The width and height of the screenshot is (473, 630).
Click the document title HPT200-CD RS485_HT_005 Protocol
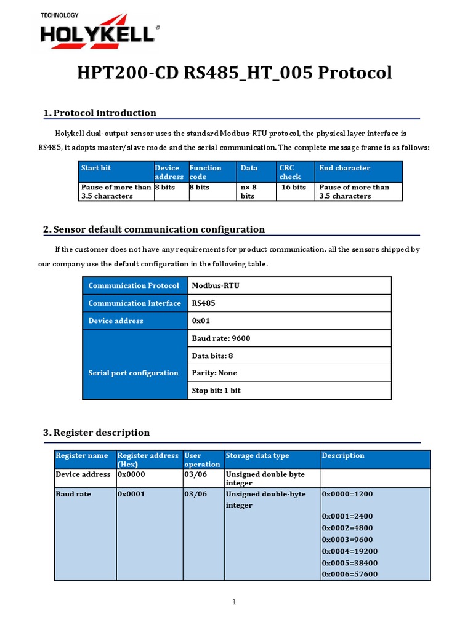[234, 73]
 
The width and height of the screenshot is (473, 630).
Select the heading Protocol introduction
[105, 113]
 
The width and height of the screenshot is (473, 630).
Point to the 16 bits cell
[293, 188]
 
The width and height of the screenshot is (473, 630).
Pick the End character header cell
[344, 168]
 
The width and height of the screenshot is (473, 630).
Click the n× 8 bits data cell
[248, 191]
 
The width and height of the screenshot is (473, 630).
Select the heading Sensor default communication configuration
[159, 229]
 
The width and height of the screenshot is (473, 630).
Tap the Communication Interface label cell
[134, 303]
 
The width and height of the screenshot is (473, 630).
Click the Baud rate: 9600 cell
[220, 338]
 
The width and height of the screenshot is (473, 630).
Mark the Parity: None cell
[214, 373]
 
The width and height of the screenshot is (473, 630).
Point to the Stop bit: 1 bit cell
[216, 391]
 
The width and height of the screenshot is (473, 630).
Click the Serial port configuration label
[133, 373]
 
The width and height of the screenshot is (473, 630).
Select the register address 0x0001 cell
[131, 494]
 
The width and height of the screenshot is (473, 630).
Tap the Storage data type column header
[257, 456]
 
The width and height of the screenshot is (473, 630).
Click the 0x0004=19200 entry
[349, 551]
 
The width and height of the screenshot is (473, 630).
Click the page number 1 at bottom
[235, 602]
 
